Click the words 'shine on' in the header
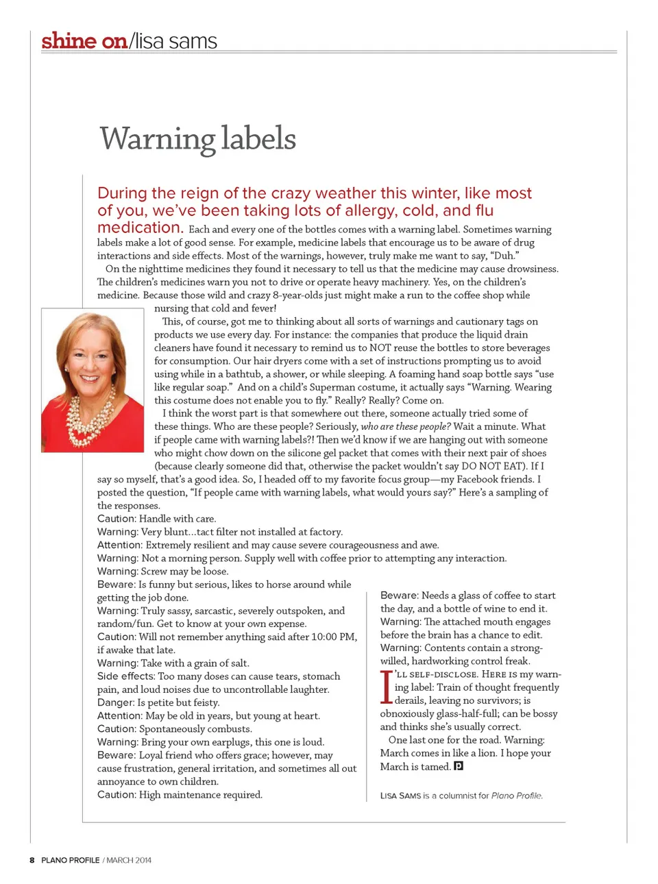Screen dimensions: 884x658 click(84, 41)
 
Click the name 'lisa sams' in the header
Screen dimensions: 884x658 click(175, 41)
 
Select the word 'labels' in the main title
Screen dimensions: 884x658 click(258, 139)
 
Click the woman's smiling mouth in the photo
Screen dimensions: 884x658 click(90, 378)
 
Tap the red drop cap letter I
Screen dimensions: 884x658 click(386, 687)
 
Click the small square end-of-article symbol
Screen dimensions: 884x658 click(459, 766)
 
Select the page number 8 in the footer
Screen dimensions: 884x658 click(32, 860)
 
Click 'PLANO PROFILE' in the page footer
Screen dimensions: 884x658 click(70, 860)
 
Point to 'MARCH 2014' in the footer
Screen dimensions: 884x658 click(129, 860)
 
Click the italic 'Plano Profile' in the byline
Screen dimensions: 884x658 click(516, 796)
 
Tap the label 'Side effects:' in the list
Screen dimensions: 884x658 click(126, 676)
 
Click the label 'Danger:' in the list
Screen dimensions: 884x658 click(115, 702)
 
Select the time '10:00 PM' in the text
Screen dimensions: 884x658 click(333, 637)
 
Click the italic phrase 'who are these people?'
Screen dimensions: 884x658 click(406, 426)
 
